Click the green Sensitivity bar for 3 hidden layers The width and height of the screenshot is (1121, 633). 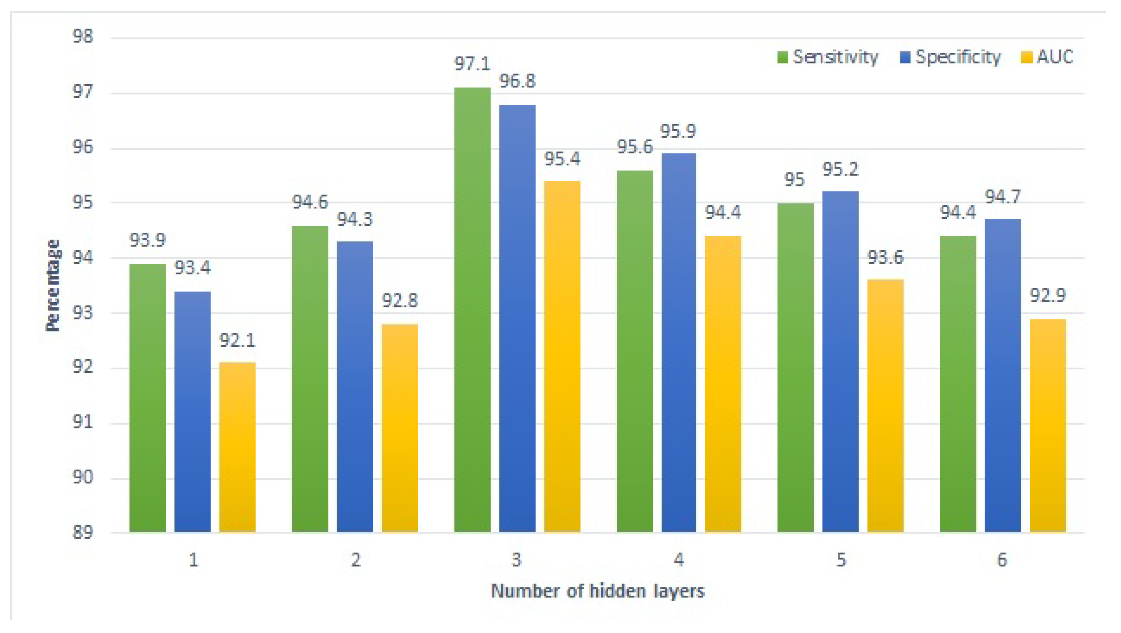click(472, 309)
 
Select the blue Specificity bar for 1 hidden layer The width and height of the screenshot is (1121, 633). click(192, 411)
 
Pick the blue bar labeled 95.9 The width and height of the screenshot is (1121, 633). click(679, 342)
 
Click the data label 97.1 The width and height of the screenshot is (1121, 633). click(472, 65)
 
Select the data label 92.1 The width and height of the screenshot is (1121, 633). click(237, 340)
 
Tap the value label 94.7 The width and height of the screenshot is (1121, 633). click(1003, 197)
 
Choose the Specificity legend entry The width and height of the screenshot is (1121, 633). click(951, 57)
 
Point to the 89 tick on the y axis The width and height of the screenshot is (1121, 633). click(83, 532)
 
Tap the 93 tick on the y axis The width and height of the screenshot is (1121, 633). click(83, 312)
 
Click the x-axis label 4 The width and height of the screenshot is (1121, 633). click(679, 560)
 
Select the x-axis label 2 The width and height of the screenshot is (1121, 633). click(356, 560)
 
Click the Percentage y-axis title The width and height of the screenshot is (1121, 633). click(53, 285)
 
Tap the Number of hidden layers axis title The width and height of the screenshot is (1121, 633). click(597, 591)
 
